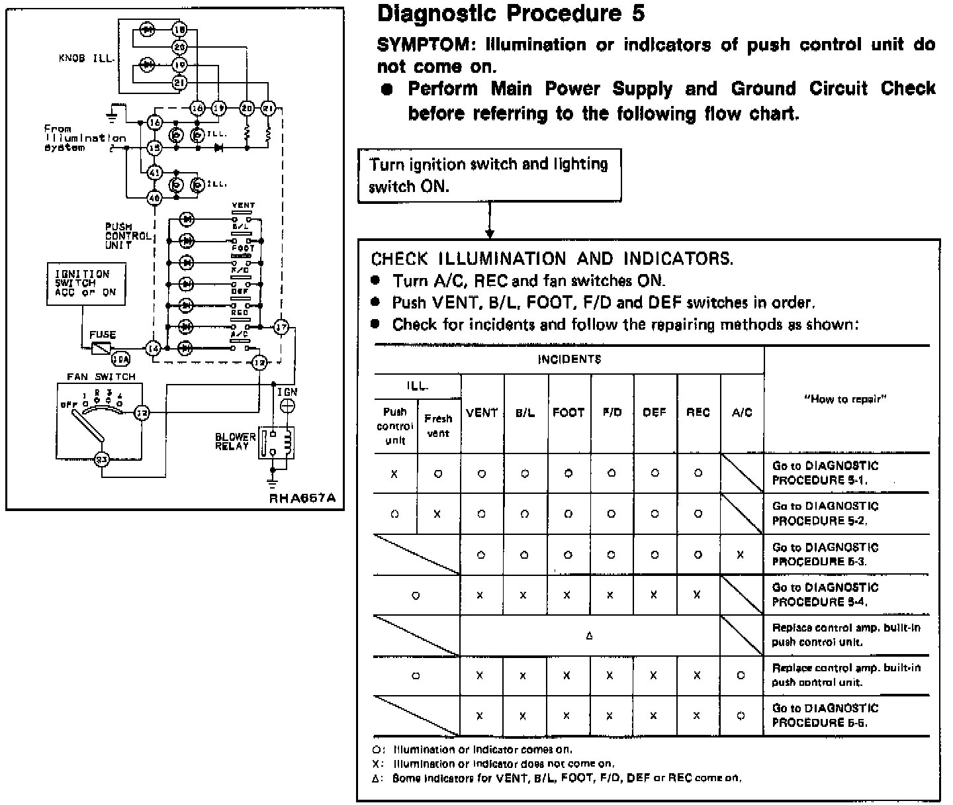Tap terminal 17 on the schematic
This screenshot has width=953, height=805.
(281, 327)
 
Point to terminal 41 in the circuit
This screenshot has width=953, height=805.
(154, 173)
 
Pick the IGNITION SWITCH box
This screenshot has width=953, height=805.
(86, 283)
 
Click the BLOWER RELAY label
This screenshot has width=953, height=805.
(235, 442)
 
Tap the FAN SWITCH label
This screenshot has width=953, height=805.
(101, 377)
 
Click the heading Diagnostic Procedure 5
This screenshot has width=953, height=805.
(510, 14)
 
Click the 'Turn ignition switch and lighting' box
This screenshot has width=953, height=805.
(490, 175)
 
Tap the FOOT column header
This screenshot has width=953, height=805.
(568, 412)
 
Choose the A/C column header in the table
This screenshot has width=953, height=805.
(742, 412)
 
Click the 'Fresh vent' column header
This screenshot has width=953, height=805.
(438, 426)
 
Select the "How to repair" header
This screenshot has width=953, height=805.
(846, 399)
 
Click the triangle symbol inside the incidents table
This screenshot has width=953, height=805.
(589, 636)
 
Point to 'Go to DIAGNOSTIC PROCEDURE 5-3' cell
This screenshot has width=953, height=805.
(825, 554)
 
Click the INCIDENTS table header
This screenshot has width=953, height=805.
(569, 359)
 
